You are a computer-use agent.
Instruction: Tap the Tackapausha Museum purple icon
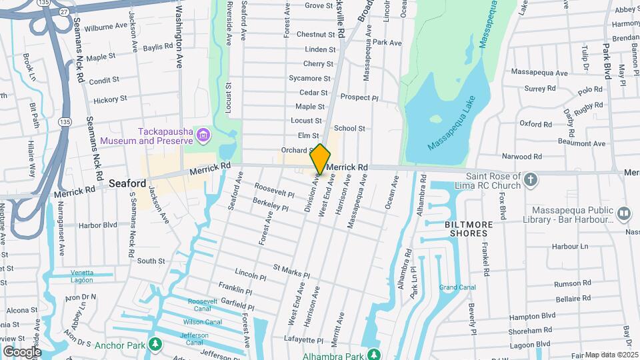point(204,136)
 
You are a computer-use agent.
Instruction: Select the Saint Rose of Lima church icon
point(531,179)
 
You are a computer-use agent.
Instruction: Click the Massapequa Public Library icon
point(624,213)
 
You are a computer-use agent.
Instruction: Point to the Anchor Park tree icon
point(155,344)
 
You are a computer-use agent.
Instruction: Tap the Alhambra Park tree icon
point(375,353)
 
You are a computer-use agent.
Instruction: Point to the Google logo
point(22,351)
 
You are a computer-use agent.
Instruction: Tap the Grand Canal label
point(457,288)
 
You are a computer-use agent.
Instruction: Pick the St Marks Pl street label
point(291,270)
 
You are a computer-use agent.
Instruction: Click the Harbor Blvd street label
point(97,225)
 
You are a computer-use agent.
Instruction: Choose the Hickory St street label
point(110,99)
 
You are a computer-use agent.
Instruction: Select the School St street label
point(349,128)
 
